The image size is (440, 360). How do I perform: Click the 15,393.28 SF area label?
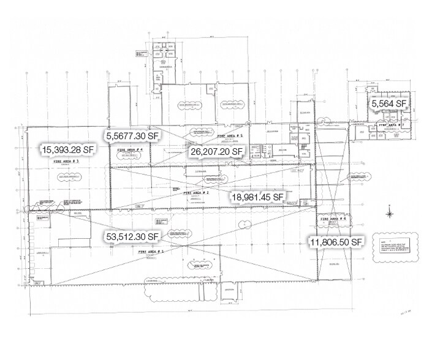click(x=67, y=148)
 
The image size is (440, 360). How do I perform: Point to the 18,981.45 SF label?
click(x=257, y=197)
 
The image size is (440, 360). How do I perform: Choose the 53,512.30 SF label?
click(x=131, y=236)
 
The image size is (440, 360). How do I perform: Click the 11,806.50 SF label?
click(x=337, y=242)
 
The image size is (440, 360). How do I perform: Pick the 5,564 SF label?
click(x=389, y=105)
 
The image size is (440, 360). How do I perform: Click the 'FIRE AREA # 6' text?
click(x=333, y=219)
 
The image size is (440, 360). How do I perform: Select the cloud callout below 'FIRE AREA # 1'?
click(x=200, y=266)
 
